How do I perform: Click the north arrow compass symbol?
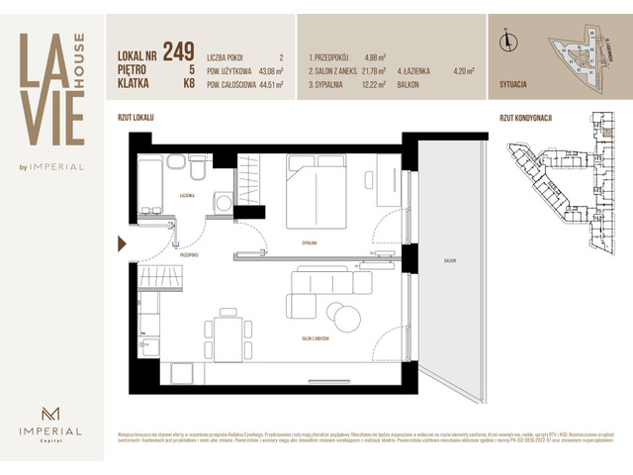coord(505,41)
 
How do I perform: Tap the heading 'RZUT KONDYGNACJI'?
coord(524,118)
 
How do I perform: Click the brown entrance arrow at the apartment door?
coord(122,244)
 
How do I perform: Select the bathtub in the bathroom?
coord(149,184)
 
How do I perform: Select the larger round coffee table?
coord(348,317)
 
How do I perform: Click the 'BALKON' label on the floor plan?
coord(452,261)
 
